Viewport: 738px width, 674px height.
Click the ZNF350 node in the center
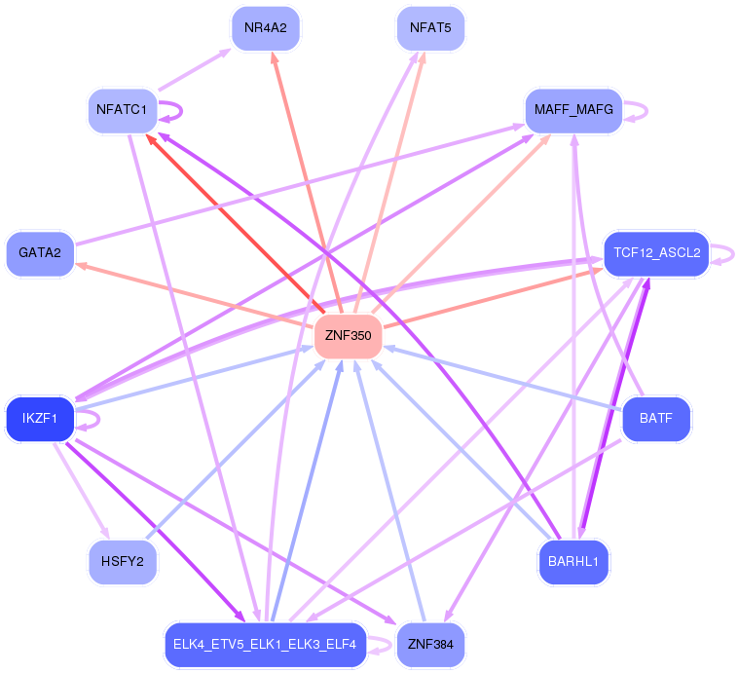pyautogui.click(x=348, y=336)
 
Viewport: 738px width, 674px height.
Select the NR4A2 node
pyautogui.click(x=266, y=28)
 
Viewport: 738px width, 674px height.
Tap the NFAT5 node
pyautogui.click(x=430, y=28)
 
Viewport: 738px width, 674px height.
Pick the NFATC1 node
pyautogui.click(x=123, y=110)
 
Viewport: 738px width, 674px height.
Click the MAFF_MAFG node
pyautogui.click(x=573, y=110)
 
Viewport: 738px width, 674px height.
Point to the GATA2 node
pyautogui.click(x=40, y=253)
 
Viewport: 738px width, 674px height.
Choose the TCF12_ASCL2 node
pyautogui.click(x=656, y=253)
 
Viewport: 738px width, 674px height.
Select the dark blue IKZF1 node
pyautogui.click(x=40, y=418)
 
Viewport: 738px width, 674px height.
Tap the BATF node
pyautogui.click(x=656, y=418)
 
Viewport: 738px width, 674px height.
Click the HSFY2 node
pyautogui.click(x=123, y=561)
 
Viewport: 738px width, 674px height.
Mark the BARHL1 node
pyautogui.click(x=573, y=561)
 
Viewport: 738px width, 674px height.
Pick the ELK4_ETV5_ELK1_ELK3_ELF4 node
pyautogui.click(x=266, y=645)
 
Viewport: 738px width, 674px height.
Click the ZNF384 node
pyautogui.click(x=430, y=645)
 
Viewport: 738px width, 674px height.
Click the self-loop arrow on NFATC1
pyautogui.click(x=182, y=111)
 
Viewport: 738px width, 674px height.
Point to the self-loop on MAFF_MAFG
pyautogui.click(x=647, y=111)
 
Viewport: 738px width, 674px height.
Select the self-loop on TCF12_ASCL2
pyautogui.click(x=733, y=254)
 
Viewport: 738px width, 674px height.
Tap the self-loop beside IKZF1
pyautogui.click(x=99, y=420)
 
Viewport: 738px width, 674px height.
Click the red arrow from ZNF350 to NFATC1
pyautogui.click(x=235, y=223)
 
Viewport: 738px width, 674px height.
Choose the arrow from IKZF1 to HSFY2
pyautogui.click(x=82, y=490)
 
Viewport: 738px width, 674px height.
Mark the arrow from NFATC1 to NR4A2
pyautogui.click(x=195, y=69)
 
